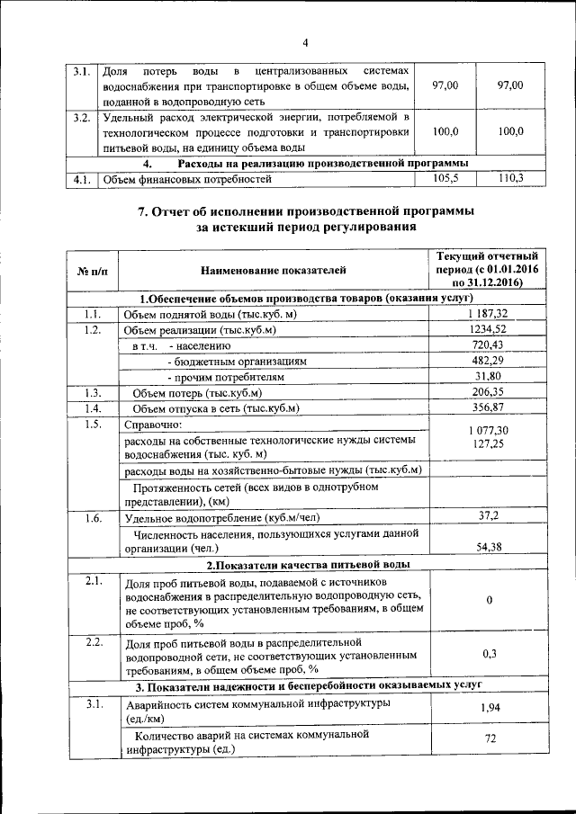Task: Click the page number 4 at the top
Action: tap(304, 42)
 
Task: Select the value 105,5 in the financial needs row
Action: tap(445, 179)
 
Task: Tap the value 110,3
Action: tap(510, 179)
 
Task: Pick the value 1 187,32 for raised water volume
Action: tap(489, 313)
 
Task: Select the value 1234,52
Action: tap(489, 329)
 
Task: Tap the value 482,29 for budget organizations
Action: tap(489, 361)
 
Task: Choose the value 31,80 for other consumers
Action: tap(489, 377)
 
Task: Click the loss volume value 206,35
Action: tap(489, 393)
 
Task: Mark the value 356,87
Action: tap(489, 409)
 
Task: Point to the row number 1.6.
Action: tap(92, 518)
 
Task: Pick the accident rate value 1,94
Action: tap(489, 709)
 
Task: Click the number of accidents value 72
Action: tap(489, 738)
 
